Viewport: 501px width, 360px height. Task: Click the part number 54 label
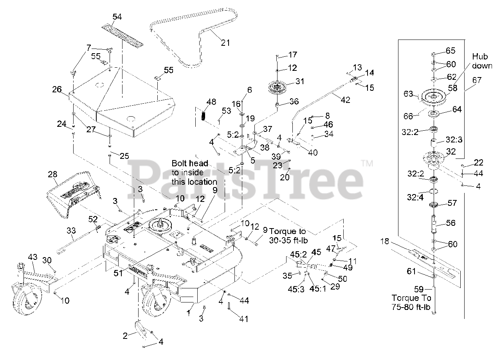pos(117,17)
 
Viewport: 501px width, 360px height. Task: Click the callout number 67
pos(477,80)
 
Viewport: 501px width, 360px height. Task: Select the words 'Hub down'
pos(482,61)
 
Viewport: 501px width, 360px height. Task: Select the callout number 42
pos(345,100)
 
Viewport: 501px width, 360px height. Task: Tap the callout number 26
pos(57,90)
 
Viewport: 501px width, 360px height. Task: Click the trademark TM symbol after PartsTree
pos(367,163)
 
